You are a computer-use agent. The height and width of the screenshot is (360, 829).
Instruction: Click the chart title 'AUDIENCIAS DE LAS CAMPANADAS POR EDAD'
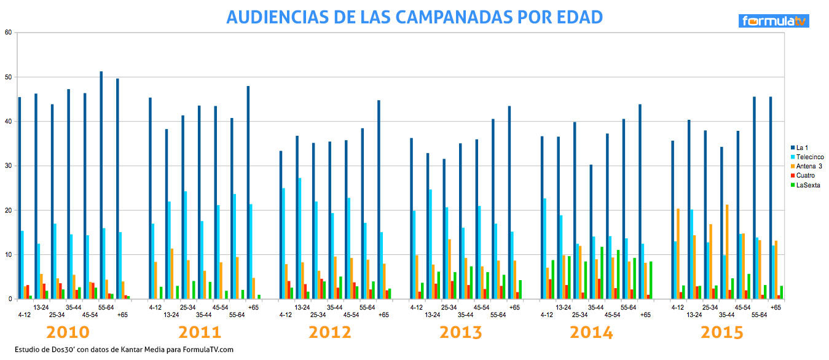coord(414,17)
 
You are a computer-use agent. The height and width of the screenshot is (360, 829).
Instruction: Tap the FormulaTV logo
coord(774,22)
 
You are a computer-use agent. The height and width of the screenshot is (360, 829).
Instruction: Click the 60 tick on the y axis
coord(8,33)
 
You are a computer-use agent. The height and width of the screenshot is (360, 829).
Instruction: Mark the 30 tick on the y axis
coord(8,166)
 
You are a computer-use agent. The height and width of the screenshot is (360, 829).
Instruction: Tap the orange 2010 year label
coord(68,332)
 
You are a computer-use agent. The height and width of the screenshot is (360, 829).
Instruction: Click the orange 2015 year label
coord(721,332)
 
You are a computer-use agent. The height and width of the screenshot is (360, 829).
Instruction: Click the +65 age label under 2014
coord(645,315)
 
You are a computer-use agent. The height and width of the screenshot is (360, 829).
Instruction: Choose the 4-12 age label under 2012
coord(285,315)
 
